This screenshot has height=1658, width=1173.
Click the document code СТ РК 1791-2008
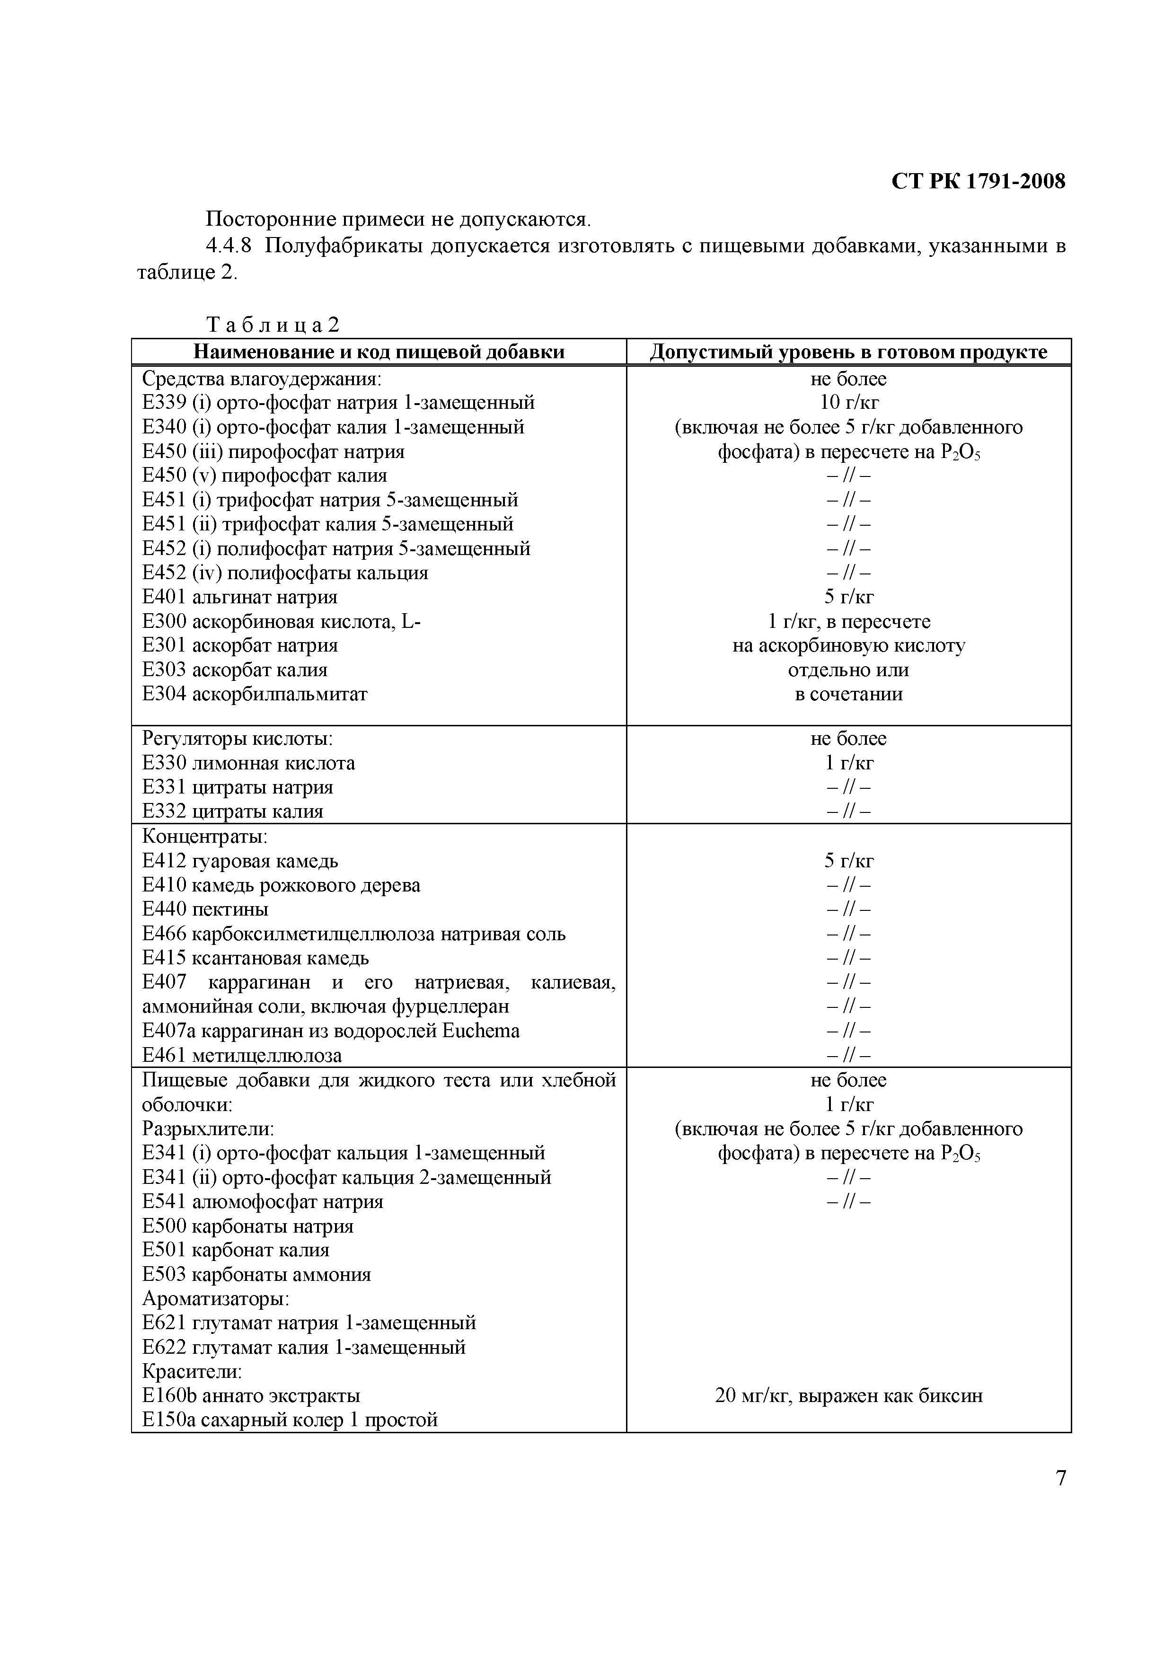point(978,181)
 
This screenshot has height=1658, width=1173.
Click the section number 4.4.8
point(229,246)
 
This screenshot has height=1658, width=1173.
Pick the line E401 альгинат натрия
point(240,597)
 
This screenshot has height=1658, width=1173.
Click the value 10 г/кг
point(849,403)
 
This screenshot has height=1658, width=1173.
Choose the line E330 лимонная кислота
point(248,763)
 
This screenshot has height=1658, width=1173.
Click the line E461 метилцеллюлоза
point(242,1056)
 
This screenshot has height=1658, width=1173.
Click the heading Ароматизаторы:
point(215,1299)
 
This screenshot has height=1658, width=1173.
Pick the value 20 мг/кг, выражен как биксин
point(849,1396)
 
